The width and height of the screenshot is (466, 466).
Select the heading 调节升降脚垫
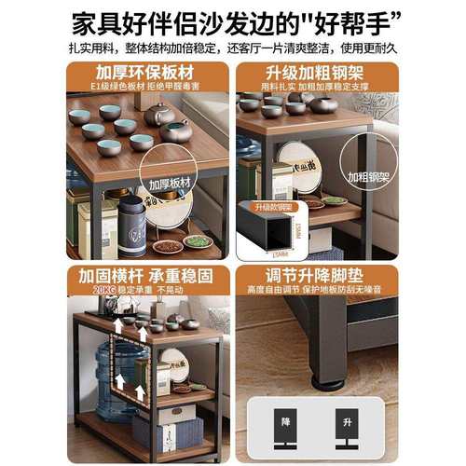[316, 277]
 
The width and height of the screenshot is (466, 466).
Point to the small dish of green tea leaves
[197, 241]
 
